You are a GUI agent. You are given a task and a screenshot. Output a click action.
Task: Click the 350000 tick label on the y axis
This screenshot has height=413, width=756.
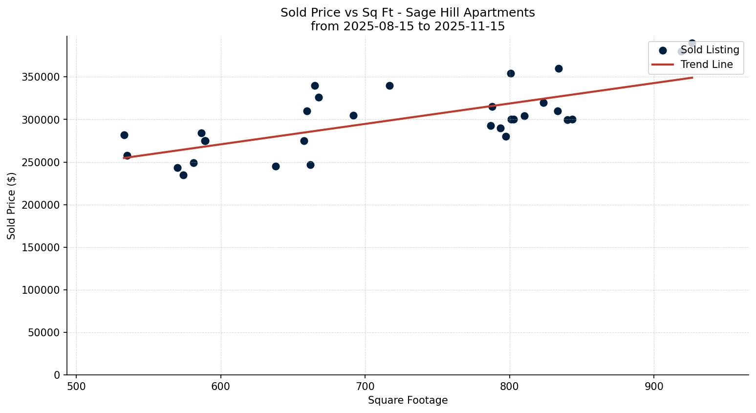pos(41,77)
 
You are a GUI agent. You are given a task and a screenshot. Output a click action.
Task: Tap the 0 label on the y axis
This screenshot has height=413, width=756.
pos(57,375)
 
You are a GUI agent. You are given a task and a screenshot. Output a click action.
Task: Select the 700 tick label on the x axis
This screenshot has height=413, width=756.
pos(365,387)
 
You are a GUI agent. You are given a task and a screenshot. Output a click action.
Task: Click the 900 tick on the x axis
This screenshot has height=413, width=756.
pos(654,387)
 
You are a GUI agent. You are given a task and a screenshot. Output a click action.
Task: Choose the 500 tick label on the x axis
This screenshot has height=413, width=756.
pos(76,387)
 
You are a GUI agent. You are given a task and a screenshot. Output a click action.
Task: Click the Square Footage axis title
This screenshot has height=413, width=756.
pos(408,401)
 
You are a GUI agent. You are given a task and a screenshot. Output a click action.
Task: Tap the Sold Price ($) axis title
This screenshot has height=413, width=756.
pos(11,206)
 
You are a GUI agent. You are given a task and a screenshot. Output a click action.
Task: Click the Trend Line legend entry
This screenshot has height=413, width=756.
pos(706,65)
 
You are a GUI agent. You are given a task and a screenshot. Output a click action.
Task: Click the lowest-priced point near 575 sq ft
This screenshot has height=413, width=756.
pos(183,175)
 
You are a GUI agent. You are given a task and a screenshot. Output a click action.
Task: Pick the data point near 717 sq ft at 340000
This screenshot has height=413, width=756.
pos(389,86)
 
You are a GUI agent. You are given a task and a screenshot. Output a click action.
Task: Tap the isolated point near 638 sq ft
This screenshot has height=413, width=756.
pos(276,166)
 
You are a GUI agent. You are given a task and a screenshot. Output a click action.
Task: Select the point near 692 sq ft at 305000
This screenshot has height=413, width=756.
pos(353,115)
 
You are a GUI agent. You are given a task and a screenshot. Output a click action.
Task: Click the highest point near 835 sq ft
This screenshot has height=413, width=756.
pos(559,68)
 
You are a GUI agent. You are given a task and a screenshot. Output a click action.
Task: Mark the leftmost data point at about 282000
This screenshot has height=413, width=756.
pos(124,135)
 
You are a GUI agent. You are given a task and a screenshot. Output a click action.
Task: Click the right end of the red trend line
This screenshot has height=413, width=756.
pos(692,77)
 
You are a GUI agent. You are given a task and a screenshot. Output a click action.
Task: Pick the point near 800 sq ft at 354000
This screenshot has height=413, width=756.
pos(511,73)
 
